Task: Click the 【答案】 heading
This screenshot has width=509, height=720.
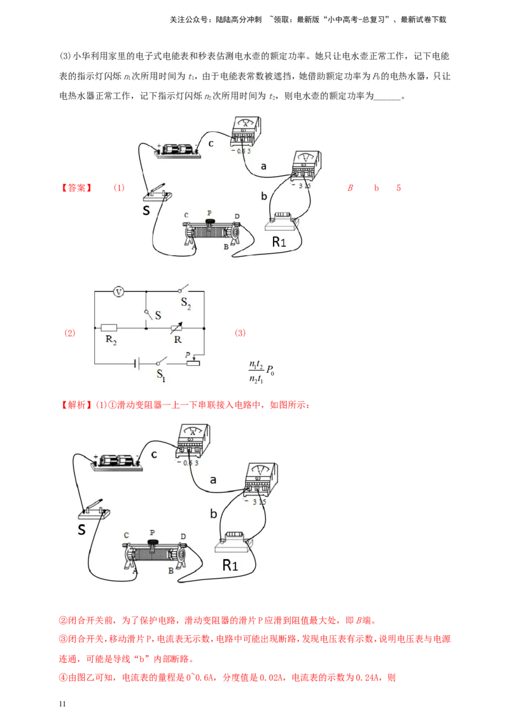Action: click(x=76, y=188)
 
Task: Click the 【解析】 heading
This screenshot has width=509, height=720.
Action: click(x=76, y=405)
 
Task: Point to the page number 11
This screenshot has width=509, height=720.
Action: click(x=63, y=704)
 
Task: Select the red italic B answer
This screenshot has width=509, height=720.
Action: click(x=350, y=188)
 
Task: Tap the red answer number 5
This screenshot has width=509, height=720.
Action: click(x=398, y=188)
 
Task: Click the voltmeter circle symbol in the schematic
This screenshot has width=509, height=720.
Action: click(x=118, y=291)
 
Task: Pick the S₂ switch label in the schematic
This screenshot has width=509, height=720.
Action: click(x=186, y=303)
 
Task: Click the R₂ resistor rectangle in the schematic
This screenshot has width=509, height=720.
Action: click(x=109, y=328)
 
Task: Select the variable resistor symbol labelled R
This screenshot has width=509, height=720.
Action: click(x=176, y=328)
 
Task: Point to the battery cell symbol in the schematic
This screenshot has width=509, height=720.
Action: click(x=136, y=364)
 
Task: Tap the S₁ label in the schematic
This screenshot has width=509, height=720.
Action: click(x=160, y=375)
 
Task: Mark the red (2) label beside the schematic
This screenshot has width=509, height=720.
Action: click(x=69, y=333)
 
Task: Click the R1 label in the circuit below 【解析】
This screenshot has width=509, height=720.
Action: click(x=230, y=565)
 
